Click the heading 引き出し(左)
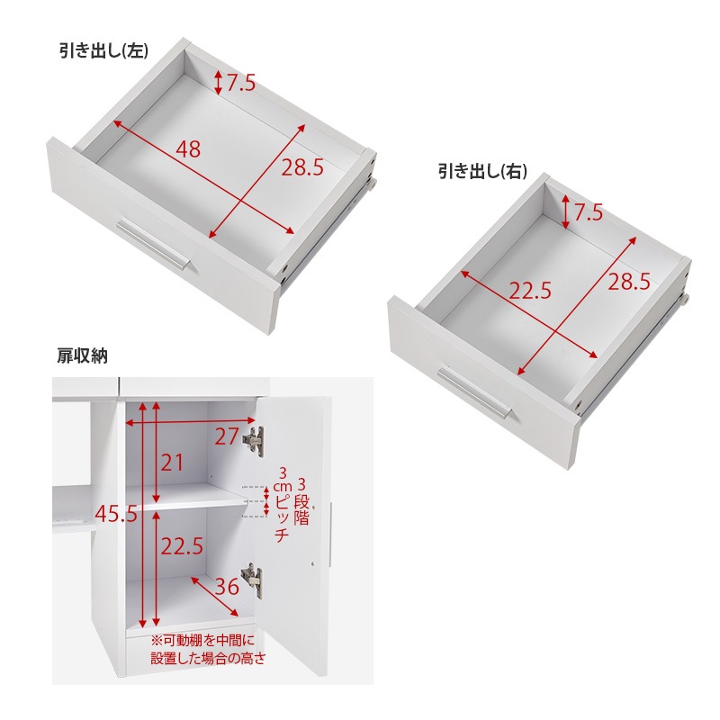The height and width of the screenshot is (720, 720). pyautogui.click(x=103, y=51)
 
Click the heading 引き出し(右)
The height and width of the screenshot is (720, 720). pyautogui.click(x=482, y=172)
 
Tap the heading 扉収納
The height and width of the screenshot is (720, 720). pyautogui.click(x=82, y=355)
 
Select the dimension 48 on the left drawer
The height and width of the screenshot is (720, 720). pyautogui.click(x=188, y=149)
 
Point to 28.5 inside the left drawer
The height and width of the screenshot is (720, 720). pyautogui.click(x=302, y=167)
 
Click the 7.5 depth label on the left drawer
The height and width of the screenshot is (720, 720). pyautogui.click(x=241, y=83)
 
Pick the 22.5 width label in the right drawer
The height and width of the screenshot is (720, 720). pyautogui.click(x=530, y=291)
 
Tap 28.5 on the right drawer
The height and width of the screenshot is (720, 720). pyautogui.click(x=629, y=281)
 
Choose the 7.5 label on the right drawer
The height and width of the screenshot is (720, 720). pyautogui.click(x=589, y=212)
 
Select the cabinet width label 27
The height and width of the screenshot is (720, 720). pyautogui.click(x=227, y=436)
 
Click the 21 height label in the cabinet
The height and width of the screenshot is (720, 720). pyautogui.click(x=172, y=463)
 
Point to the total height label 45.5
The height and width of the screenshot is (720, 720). pyautogui.click(x=116, y=513)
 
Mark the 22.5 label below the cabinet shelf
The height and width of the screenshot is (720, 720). pyautogui.click(x=182, y=546)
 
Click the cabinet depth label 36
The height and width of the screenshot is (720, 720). pyautogui.click(x=227, y=587)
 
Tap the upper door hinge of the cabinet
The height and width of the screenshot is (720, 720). pyautogui.click(x=254, y=441)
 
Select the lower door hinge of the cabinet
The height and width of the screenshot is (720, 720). pyautogui.click(x=252, y=580)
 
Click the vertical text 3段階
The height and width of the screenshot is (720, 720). pyautogui.click(x=301, y=502)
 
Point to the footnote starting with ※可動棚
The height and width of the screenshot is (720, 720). pyautogui.click(x=208, y=649)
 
